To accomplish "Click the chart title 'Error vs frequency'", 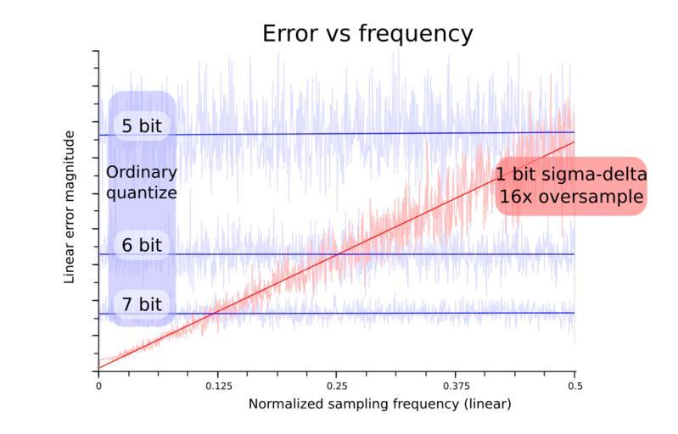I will [x=367, y=34].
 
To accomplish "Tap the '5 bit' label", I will [x=141, y=126].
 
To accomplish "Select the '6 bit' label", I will [x=141, y=246].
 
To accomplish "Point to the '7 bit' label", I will [x=141, y=304].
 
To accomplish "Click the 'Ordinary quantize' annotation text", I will [x=141, y=182].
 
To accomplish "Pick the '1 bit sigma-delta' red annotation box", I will [x=571, y=186].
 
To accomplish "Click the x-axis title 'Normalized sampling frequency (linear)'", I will [x=379, y=404].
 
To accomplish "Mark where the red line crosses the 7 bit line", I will [x=216, y=313].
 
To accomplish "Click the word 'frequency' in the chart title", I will [x=417, y=34].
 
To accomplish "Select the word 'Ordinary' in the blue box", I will [x=141, y=173].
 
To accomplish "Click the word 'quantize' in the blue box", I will [x=141, y=192].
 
